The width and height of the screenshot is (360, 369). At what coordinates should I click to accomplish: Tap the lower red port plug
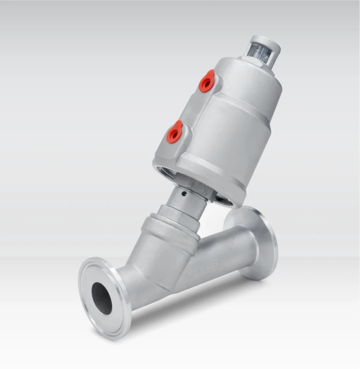click(x=174, y=132)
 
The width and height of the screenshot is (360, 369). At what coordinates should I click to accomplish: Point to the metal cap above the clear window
click(x=266, y=40)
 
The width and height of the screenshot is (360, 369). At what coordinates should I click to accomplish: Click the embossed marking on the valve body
click(x=203, y=270)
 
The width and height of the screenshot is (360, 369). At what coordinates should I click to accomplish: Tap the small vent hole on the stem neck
click(x=184, y=193)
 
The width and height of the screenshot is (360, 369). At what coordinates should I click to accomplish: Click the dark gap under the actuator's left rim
click(x=166, y=172)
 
